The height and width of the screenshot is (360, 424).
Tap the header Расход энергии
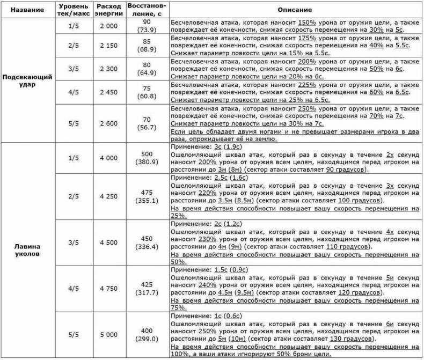coord(109,10)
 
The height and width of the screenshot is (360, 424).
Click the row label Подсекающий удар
coord(27,80)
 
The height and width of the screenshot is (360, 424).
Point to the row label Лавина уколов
coord(27,250)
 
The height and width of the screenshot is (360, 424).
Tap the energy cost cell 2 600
coord(109,123)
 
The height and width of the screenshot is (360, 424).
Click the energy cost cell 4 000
coord(109,158)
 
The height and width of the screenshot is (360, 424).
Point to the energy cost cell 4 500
coord(109,242)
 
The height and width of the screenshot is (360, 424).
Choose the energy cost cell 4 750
coord(109,288)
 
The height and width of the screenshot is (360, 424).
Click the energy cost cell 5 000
coord(109,334)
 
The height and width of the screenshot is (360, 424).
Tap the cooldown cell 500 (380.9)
coord(147,158)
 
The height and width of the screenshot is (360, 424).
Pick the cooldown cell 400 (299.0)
coord(147,334)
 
